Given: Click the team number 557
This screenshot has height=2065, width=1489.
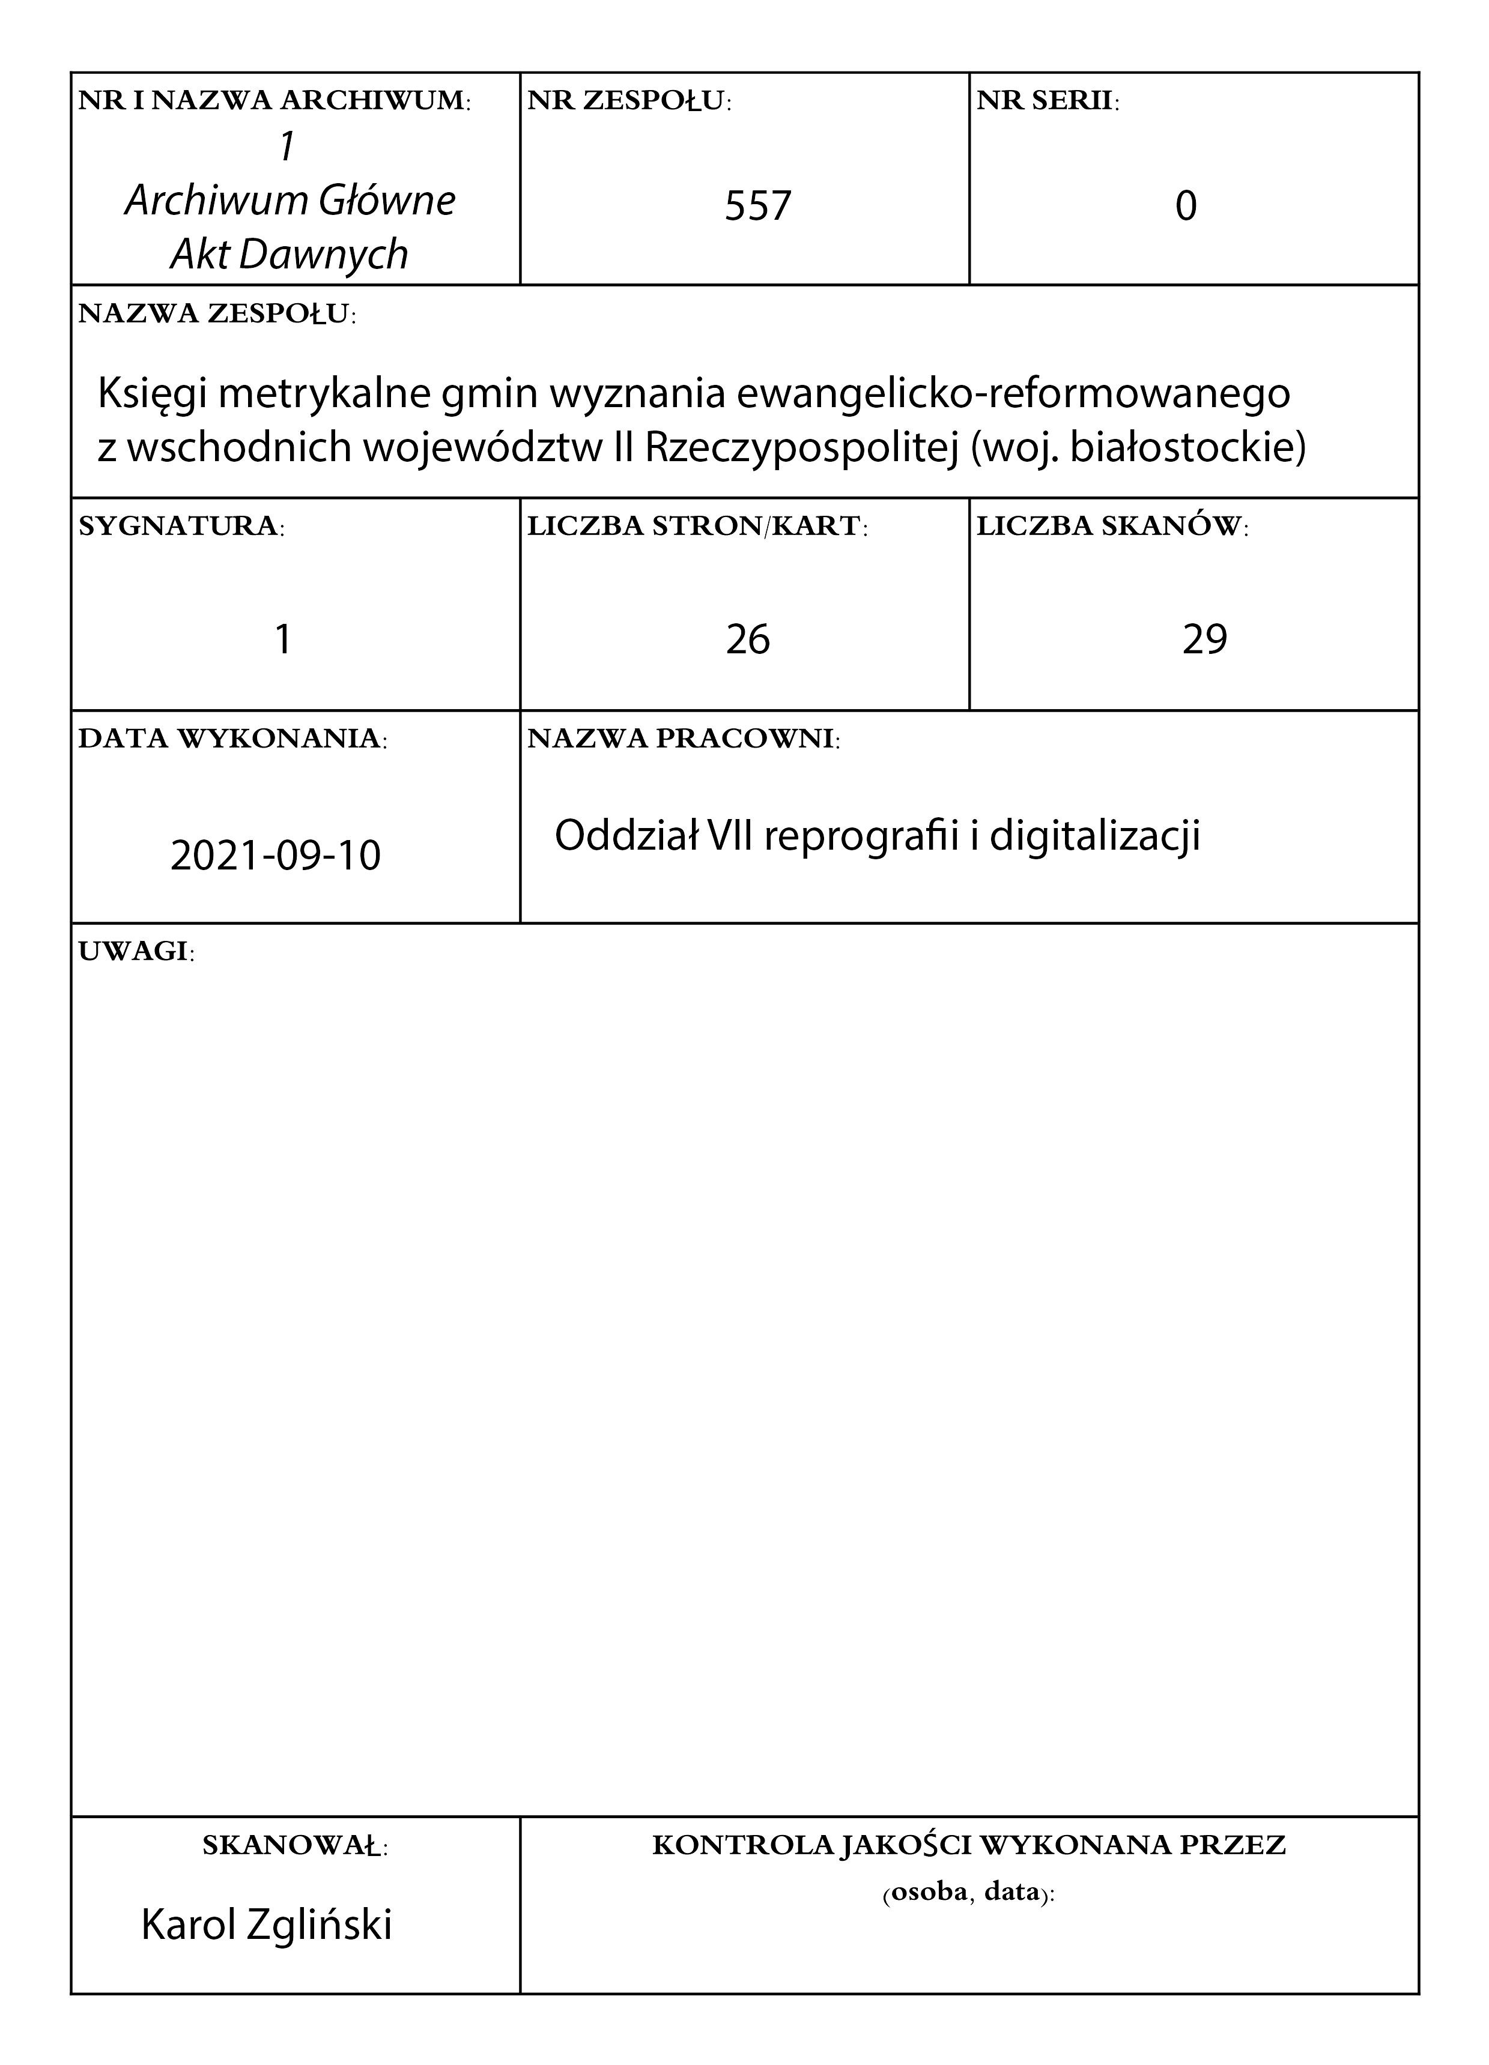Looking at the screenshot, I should [x=757, y=206].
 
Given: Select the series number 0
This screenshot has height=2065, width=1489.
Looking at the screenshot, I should [x=1185, y=206].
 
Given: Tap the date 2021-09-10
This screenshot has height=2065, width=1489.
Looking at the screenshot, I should [x=275, y=856].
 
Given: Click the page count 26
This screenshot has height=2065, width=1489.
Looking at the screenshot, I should [x=748, y=639].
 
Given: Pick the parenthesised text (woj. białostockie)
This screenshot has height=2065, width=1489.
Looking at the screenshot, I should [x=1138, y=448].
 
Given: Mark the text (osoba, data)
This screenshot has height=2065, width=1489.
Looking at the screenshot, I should [x=968, y=1893].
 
